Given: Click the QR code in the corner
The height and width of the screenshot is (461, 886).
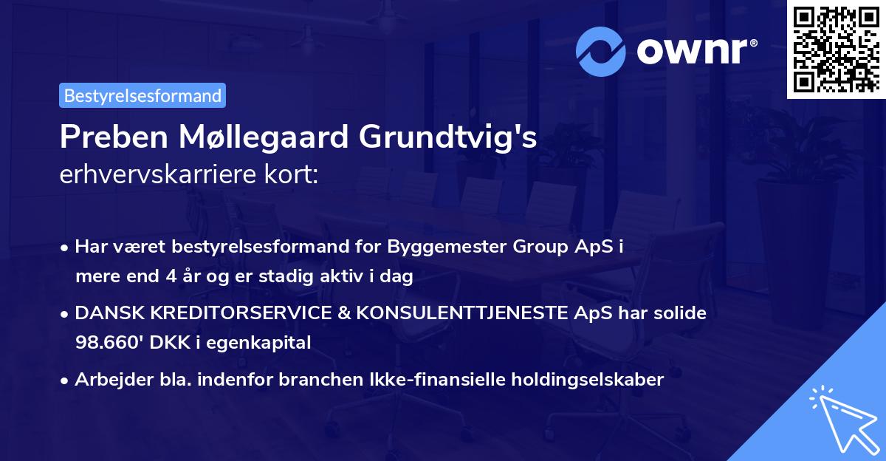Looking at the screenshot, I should tap(836, 49).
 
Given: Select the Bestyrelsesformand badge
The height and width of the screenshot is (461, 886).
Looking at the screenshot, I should tap(142, 95).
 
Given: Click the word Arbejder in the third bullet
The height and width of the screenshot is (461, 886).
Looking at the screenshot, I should tap(107, 380).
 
